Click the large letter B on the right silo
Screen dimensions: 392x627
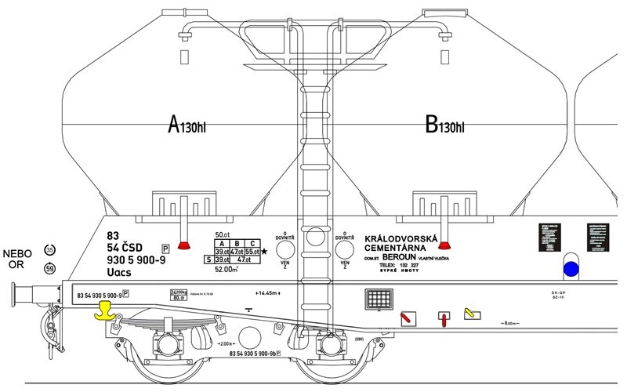click(430, 125)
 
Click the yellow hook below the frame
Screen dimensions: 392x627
click(104, 311)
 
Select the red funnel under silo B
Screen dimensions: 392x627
click(447, 245)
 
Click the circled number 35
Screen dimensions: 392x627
click(49, 249)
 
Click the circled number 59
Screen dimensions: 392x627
click(49, 269)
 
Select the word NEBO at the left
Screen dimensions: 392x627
click(18, 253)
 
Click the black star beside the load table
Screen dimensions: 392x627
click(264, 251)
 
